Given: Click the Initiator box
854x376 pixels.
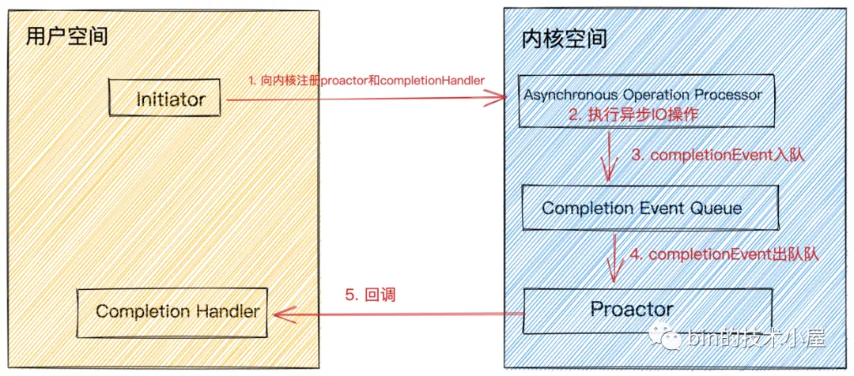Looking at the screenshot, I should click(x=170, y=100).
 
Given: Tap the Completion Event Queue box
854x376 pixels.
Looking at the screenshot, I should click(x=641, y=209).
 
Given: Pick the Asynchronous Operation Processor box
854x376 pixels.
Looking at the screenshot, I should click(x=643, y=100).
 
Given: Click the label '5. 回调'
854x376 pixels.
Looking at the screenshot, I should click(x=369, y=295).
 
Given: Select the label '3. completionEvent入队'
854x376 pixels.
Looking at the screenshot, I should click(x=717, y=156).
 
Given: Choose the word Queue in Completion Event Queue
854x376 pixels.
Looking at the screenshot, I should click(x=714, y=209).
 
